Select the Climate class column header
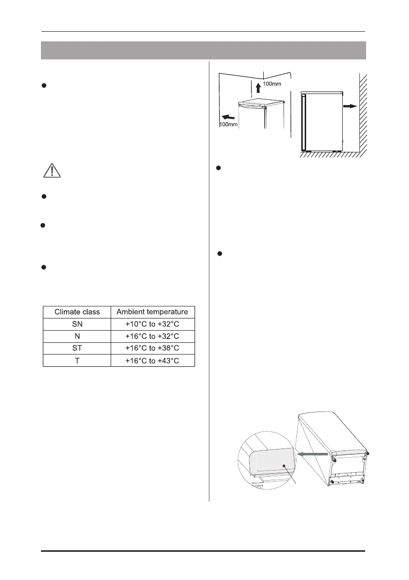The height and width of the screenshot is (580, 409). click(77, 312)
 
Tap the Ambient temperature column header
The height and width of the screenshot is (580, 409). click(153, 312)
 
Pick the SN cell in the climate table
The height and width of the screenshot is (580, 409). click(77, 324)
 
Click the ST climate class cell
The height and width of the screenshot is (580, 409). click(77, 348)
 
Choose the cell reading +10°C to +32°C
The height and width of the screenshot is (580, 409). click(153, 324)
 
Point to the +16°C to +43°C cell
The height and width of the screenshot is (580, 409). click(153, 360)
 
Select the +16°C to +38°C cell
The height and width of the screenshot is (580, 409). click(153, 348)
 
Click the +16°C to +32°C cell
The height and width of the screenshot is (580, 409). click(153, 336)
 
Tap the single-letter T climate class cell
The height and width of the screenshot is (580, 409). click(77, 360)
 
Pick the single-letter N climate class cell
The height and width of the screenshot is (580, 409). click(77, 336)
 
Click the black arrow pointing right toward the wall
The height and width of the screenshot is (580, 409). click(350, 106)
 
